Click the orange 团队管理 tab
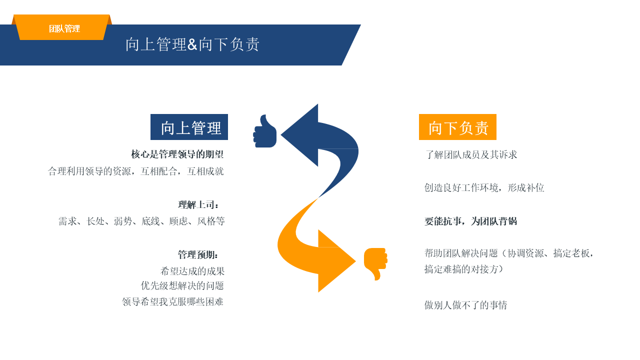(x=64, y=28)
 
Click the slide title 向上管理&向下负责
(x=192, y=44)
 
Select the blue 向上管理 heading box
(x=189, y=127)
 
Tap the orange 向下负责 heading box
(x=457, y=127)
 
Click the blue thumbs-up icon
(x=265, y=132)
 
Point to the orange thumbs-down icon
(x=375, y=263)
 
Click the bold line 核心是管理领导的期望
(x=177, y=154)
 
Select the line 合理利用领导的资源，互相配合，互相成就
(x=136, y=171)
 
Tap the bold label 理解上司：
(x=198, y=204)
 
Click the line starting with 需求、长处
(x=141, y=221)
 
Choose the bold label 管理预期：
(x=198, y=254)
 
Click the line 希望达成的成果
(x=192, y=271)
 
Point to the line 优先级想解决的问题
(x=182, y=285)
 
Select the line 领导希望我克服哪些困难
(x=173, y=301)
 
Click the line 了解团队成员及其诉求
(x=471, y=154)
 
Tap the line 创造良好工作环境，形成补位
(x=484, y=187)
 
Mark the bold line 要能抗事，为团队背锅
(x=470, y=221)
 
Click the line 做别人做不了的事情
(x=465, y=304)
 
